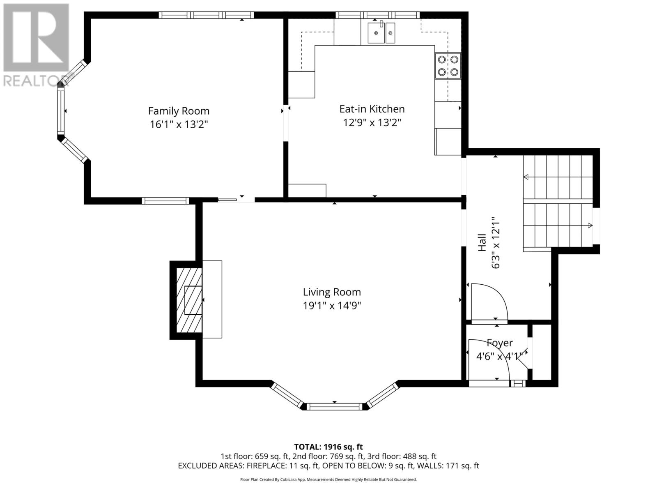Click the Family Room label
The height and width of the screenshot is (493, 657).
179,111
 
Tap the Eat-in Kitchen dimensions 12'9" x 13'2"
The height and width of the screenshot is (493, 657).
372,122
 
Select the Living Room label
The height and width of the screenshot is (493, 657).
332,292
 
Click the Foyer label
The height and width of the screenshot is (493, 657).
500,343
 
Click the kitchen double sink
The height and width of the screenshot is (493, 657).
381,33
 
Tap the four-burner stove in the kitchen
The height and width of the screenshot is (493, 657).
448,66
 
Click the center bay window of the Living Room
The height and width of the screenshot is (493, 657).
334,407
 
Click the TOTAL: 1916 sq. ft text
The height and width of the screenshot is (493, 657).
328,447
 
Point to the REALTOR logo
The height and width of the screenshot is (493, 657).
36,45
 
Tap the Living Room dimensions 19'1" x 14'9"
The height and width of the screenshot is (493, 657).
332,306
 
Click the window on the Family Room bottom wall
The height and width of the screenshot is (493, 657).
165,201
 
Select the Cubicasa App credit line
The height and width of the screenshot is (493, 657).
328,479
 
